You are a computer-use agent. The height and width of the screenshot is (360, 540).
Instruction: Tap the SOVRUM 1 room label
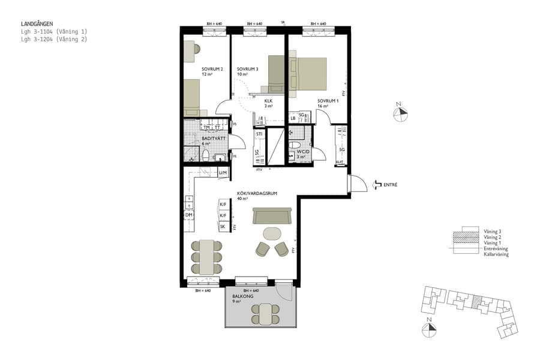click(328, 100)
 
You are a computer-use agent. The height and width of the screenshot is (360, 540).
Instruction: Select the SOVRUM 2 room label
click(212, 69)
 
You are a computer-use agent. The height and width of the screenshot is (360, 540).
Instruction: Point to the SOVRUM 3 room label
click(247, 69)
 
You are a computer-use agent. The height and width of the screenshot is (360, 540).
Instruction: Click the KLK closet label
click(268, 101)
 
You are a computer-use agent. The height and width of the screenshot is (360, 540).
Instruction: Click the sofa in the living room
click(272, 215)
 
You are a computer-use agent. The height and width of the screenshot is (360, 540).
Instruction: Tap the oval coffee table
click(272, 233)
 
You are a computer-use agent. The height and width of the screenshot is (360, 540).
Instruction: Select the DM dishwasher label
click(188, 215)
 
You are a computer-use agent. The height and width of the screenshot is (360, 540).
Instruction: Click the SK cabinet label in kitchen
click(223, 227)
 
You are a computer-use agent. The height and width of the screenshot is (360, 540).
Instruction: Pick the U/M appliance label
click(223, 173)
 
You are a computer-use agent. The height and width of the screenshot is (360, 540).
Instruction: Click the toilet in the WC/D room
click(295, 146)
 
